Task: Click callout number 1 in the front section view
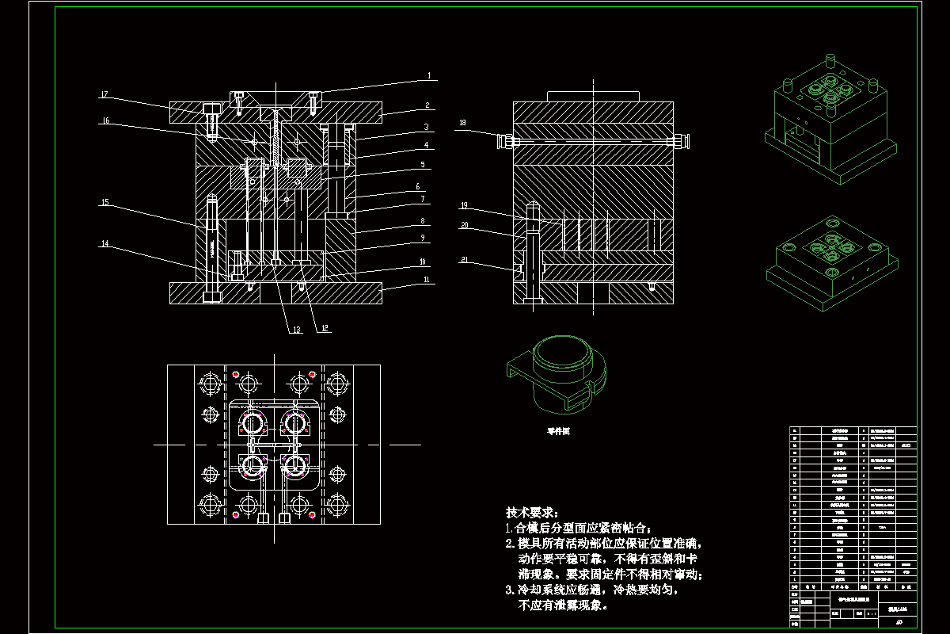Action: (x=428, y=76)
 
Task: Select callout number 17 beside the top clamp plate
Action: (x=103, y=95)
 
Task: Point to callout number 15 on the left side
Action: (x=104, y=203)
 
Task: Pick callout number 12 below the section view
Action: (x=325, y=328)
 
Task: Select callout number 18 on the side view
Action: (x=463, y=123)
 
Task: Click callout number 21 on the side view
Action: (x=464, y=259)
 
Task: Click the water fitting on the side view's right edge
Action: (x=681, y=142)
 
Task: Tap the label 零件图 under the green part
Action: (x=558, y=432)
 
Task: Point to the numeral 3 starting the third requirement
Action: (x=509, y=590)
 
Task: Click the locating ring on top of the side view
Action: (x=593, y=96)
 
